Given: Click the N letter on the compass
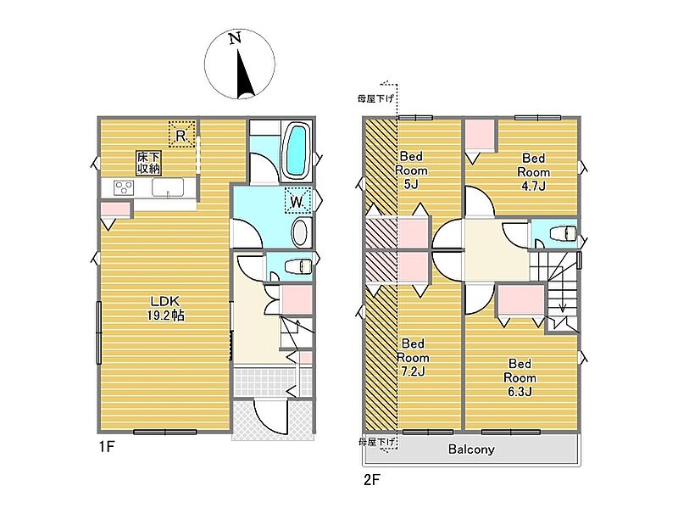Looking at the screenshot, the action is click(x=235, y=39).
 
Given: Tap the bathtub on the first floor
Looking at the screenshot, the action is click(x=296, y=150).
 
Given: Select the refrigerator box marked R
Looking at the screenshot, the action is click(x=181, y=134).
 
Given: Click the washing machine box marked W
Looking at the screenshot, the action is click(x=298, y=200).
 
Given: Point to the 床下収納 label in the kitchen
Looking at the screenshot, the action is click(x=149, y=163).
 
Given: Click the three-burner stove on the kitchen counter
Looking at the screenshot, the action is click(x=124, y=187).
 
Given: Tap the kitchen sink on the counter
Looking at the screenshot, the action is click(x=168, y=187).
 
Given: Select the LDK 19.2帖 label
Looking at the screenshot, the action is click(x=165, y=309).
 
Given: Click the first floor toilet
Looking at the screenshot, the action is click(x=298, y=265).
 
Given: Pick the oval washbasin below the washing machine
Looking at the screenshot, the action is click(x=301, y=232).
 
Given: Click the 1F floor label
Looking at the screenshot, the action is click(x=107, y=446).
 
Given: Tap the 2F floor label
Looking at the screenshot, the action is click(x=371, y=480).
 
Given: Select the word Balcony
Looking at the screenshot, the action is click(x=471, y=449).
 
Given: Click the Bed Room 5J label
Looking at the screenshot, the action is click(x=411, y=170).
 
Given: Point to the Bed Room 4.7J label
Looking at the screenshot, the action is click(x=534, y=172).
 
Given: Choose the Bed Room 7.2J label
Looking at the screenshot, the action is click(x=413, y=357).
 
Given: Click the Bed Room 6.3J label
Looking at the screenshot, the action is click(x=520, y=377).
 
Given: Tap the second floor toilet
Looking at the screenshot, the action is click(x=563, y=234).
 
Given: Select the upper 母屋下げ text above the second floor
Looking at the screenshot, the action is click(x=375, y=98).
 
